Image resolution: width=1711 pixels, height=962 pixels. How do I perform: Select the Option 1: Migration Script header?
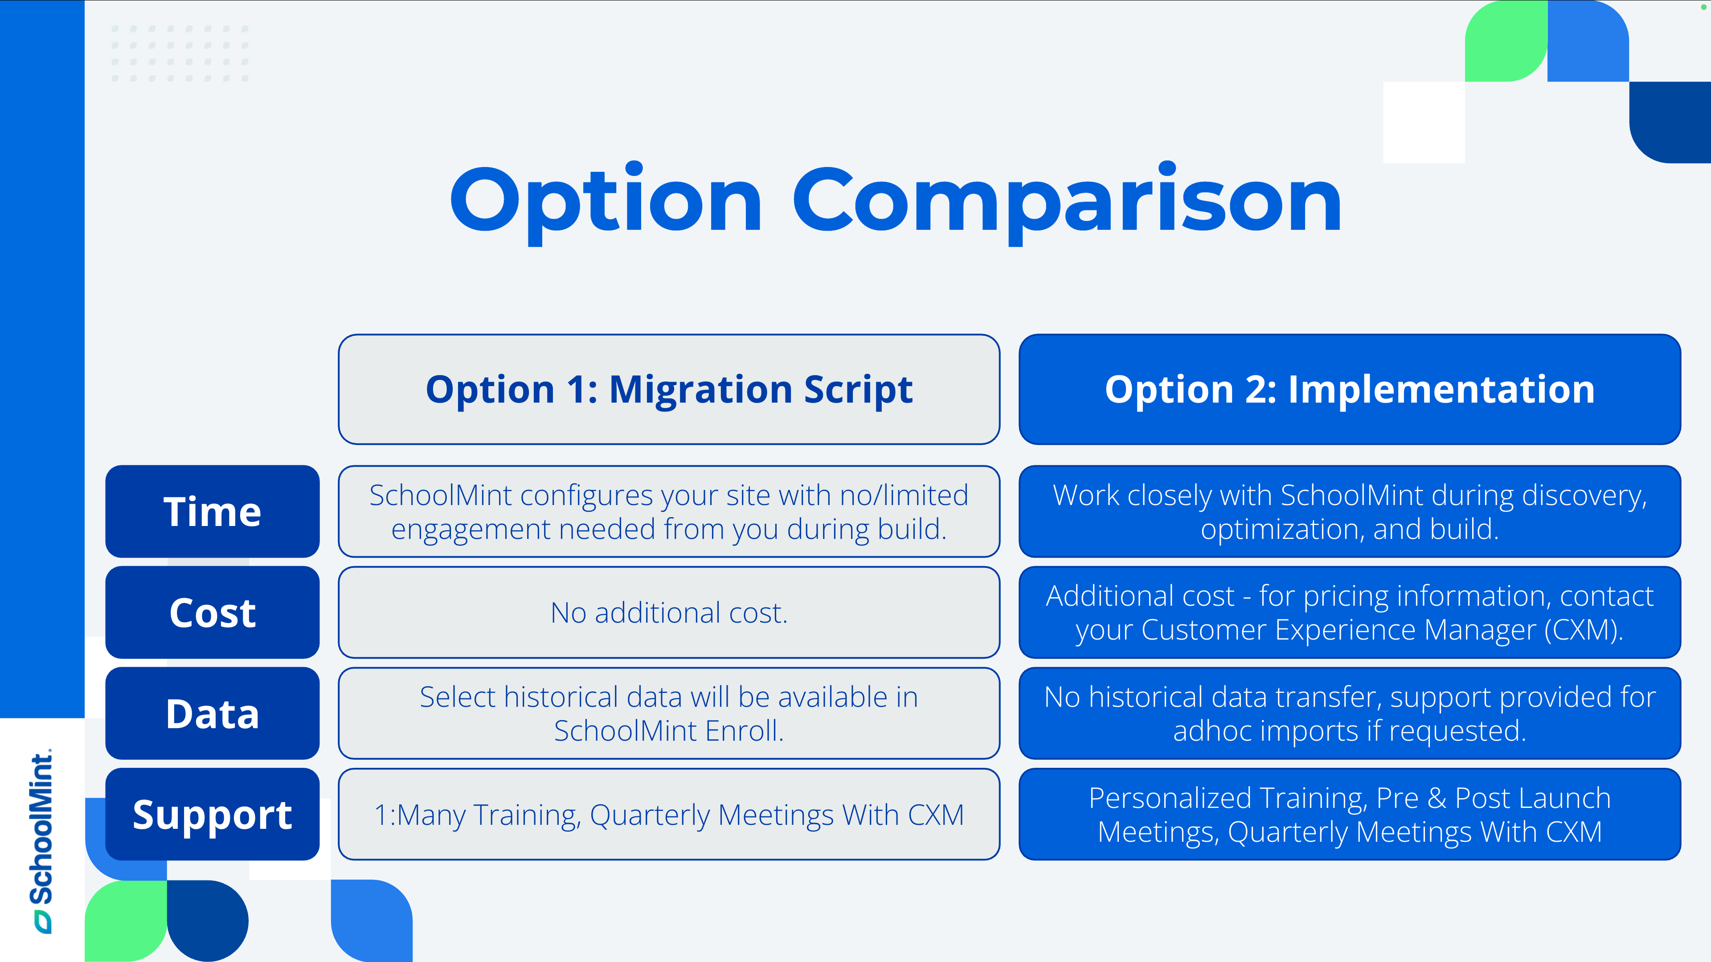(669, 389)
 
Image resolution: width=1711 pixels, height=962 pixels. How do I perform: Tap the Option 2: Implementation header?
(1350, 389)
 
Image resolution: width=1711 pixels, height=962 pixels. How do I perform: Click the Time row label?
(213, 511)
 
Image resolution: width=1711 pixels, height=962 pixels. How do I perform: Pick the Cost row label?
(213, 612)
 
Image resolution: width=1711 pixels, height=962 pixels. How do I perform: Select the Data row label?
(213, 713)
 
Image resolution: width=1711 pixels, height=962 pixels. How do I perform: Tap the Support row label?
(213, 814)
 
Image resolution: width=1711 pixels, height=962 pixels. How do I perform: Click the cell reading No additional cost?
(669, 612)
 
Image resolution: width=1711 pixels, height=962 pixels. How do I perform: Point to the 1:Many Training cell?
(669, 814)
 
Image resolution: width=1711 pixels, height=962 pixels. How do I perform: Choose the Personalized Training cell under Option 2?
(1350, 814)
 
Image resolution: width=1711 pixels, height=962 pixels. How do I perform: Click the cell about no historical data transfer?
(1350, 713)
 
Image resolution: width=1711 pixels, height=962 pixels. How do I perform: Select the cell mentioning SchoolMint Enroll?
(669, 713)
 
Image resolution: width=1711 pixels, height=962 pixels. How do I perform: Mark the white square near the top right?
(1424, 122)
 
